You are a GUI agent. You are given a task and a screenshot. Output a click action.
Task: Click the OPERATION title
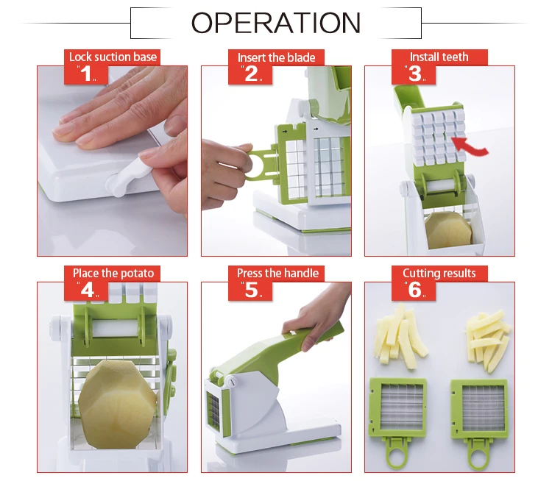pos(276,23)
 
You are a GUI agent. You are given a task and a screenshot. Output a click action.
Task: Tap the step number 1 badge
pos(86,74)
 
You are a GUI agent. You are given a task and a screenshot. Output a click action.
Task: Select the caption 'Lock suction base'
pos(113,57)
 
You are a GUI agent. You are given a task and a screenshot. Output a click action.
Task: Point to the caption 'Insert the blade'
pos(276,57)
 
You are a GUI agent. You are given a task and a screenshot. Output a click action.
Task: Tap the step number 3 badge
pos(414,74)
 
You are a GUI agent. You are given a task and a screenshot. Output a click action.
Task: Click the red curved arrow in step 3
pos(470,147)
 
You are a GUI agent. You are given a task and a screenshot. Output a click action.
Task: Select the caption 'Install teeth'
pos(439,57)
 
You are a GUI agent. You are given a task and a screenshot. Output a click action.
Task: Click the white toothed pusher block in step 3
pos(439,138)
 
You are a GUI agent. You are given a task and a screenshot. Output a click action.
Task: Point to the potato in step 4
pos(117,404)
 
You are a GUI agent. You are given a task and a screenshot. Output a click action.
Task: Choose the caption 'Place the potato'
pos(113,274)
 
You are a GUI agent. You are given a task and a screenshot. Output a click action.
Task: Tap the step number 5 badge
pos(250,291)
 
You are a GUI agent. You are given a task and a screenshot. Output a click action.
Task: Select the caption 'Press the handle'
pos(277,274)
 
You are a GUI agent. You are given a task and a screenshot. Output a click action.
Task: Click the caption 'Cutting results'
pos(439,274)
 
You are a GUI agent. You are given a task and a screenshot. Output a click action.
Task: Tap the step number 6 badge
pos(414,291)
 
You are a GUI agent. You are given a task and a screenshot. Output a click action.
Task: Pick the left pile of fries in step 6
pos(401,336)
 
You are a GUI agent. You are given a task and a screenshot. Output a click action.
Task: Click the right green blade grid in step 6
pos(479,407)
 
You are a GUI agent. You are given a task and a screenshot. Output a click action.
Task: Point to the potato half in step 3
pos(448,230)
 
